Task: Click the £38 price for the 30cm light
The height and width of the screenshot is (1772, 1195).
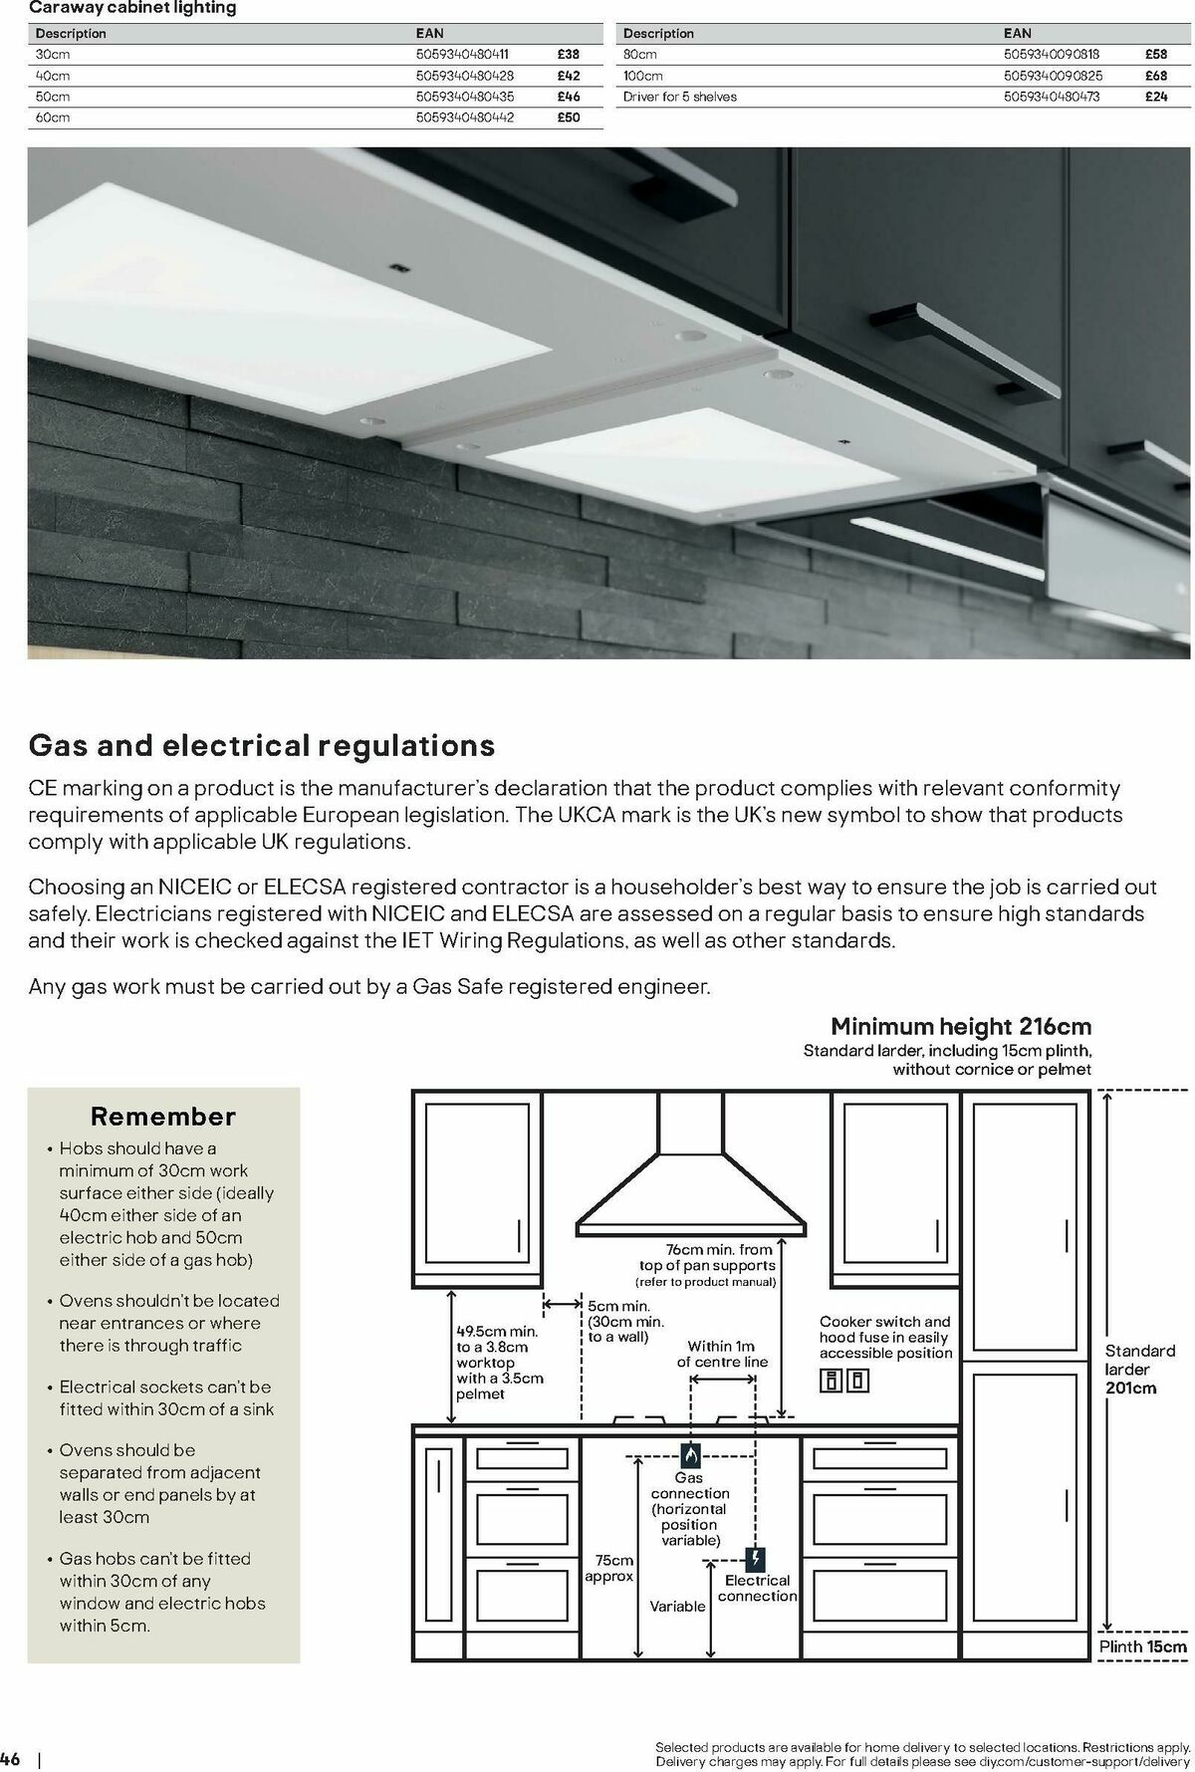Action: coord(568,55)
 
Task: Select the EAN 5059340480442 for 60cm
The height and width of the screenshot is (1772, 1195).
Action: coord(464,118)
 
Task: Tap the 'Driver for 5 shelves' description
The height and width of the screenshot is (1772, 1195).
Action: coord(680,97)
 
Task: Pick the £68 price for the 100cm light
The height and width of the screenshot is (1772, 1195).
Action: coord(1155,76)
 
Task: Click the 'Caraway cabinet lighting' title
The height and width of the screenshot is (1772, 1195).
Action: coord(132,8)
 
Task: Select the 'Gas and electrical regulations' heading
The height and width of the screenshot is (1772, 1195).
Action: coord(262,745)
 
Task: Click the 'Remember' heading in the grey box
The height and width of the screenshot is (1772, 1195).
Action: coord(163,1116)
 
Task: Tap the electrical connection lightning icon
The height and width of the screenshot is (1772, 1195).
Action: coord(757,1558)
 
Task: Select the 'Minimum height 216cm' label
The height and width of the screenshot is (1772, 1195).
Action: coord(961,1026)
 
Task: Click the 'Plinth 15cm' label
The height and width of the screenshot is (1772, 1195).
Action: coord(1143,1646)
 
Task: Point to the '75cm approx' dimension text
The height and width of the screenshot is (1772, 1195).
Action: coord(608,1569)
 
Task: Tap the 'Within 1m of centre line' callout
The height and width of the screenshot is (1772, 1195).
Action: coord(722,1354)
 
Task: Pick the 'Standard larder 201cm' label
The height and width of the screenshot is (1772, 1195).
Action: coord(1140,1369)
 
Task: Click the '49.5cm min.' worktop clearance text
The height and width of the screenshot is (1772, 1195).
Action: coord(497,1331)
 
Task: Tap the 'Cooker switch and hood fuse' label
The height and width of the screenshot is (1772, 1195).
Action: coord(885,1337)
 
